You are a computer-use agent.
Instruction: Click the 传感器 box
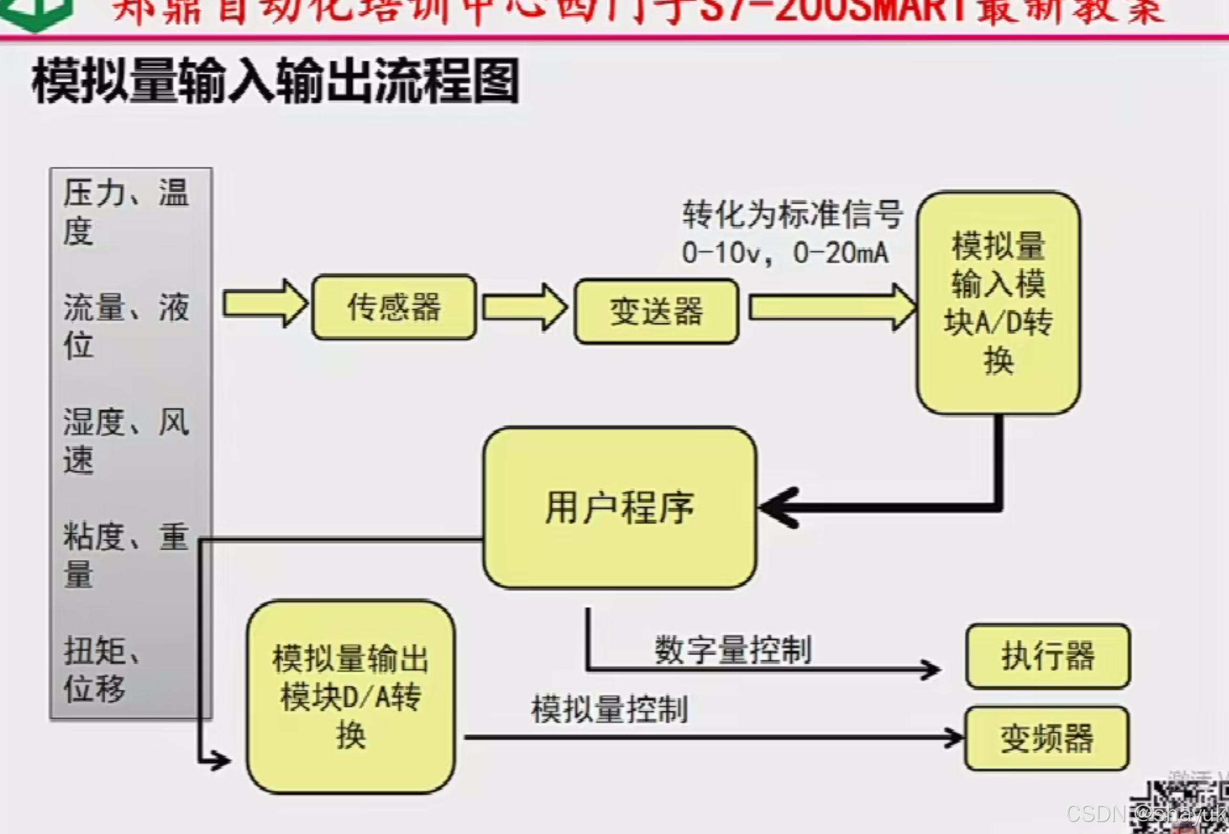click(394, 307)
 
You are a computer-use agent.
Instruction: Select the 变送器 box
click(656, 311)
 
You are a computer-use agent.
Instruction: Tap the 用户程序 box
click(619, 507)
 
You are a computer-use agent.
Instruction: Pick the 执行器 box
click(1048, 656)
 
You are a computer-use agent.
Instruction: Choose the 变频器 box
click(1046, 739)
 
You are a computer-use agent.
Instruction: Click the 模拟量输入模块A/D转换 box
click(998, 303)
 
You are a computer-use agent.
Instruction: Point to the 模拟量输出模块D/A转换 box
click(350, 697)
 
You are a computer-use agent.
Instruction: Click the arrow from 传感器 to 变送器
click(523, 307)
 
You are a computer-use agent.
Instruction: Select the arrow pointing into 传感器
click(264, 304)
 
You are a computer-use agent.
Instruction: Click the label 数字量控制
click(733, 649)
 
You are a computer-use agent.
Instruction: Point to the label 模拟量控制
click(609, 709)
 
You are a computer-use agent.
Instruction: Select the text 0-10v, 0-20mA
click(785, 253)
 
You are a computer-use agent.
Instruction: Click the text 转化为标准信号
click(792, 214)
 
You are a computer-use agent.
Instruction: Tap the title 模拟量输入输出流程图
click(275, 81)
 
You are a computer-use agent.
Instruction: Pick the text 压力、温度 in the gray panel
click(126, 211)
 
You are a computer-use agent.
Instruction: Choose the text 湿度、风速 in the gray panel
click(126, 440)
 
